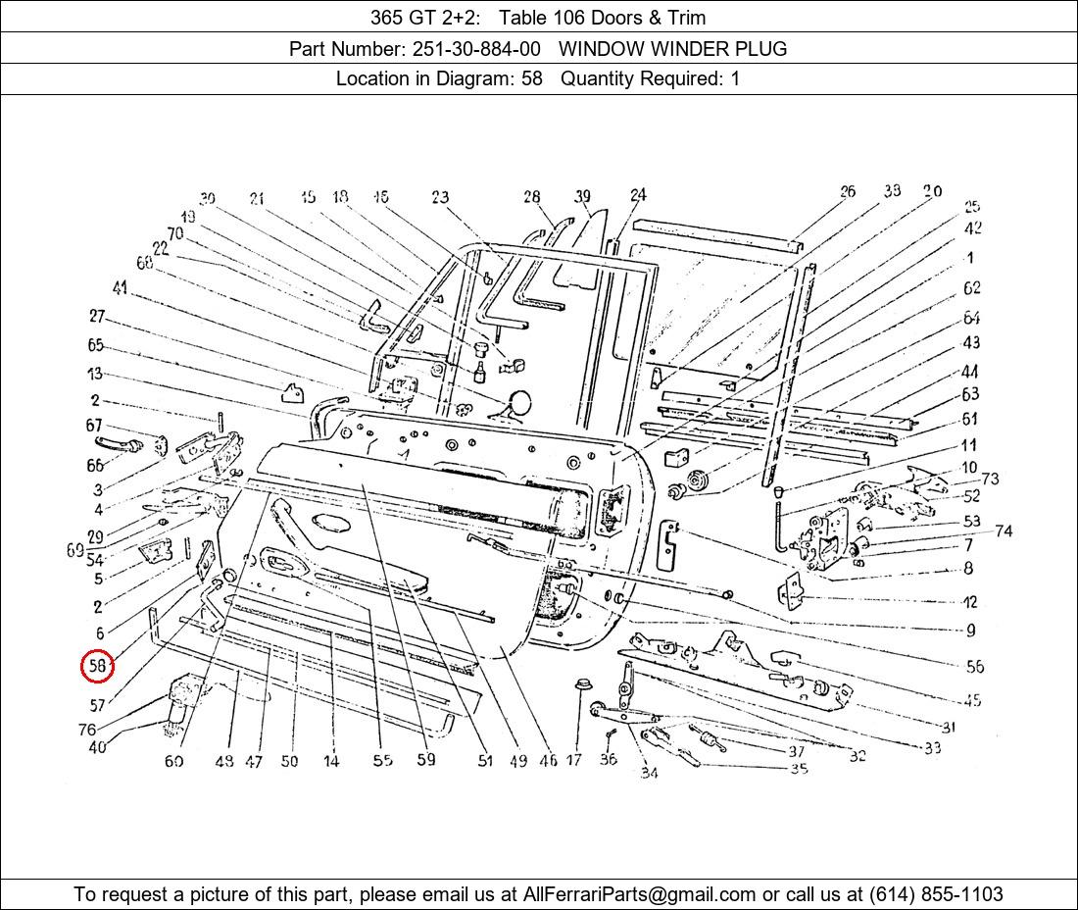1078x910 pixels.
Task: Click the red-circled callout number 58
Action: coord(97,667)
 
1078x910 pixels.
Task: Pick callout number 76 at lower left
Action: coord(87,730)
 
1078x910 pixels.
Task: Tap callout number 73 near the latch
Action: coord(990,479)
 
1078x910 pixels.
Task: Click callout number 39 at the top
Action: coord(583,196)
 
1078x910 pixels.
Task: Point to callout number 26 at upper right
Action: coord(847,191)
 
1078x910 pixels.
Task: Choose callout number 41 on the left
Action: coord(121,288)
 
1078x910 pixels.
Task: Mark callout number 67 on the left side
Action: coord(94,426)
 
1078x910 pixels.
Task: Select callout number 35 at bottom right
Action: coord(799,769)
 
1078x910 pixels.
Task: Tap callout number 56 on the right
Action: coord(974,667)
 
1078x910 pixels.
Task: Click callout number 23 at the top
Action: coord(440,198)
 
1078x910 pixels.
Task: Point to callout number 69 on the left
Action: coord(75,551)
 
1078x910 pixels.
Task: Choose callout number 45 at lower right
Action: coord(972,700)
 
